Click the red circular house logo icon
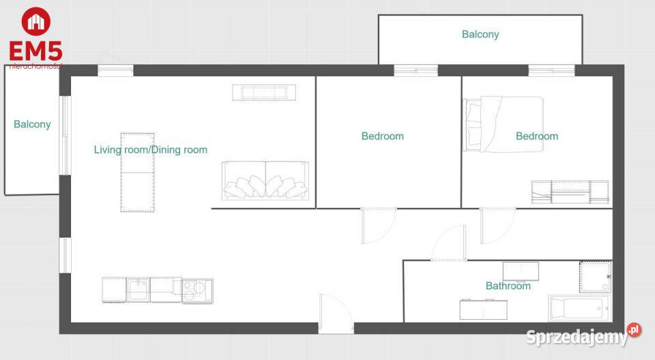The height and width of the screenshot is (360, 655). pos(36,21)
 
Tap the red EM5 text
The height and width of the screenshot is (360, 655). pos(36,51)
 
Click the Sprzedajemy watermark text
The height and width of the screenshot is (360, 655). pos(577,337)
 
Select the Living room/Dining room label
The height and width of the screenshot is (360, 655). pos(150,149)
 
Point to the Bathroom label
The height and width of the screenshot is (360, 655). pos(508,286)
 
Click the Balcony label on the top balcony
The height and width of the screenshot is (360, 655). pos(480,34)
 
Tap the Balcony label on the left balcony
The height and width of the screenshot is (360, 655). pos(32,124)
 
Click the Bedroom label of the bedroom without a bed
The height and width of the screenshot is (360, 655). pos(383,136)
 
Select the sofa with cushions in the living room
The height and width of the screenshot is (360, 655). pos(265,180)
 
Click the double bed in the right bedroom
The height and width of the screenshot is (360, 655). pos(504,124)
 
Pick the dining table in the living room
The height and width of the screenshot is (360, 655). pos(137,172)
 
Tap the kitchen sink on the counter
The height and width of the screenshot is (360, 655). pos(138,289)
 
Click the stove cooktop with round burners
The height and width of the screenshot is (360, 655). pos(197,290)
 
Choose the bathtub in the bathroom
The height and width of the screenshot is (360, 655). pos(580,308)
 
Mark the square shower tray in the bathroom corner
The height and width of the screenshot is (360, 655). pos(595,277)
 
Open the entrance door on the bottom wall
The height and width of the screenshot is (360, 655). pos(336,313)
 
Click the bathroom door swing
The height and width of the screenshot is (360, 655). pos(449,243)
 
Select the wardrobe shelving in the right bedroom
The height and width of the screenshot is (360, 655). pos(570,192)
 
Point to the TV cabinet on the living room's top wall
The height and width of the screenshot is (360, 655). pos(264,92)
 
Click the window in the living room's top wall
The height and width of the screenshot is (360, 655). pos(115,71)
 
